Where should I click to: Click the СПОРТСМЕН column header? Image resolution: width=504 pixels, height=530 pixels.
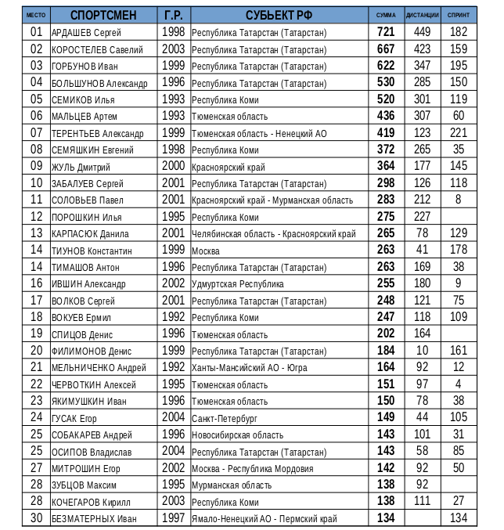coord(103,15)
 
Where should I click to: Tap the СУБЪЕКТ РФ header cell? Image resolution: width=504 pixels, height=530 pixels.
coord(279,15)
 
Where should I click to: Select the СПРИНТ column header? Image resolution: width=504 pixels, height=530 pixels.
coord(459,15)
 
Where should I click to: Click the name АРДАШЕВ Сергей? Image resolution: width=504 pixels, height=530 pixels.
coord(86,33)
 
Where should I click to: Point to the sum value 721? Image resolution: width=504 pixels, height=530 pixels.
coord(386,32)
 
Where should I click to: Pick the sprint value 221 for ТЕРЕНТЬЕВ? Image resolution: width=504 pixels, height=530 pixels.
coord(459,133)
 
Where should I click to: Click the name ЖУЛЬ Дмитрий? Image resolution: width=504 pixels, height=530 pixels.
coord(81,167)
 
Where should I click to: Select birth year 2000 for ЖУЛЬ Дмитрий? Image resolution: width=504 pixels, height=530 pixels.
coord(173,166)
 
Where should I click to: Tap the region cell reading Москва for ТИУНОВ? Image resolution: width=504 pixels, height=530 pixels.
coord(206,251)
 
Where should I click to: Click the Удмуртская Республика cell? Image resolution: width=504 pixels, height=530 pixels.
coord(238,284)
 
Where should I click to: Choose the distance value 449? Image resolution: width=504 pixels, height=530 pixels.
coord(423,32)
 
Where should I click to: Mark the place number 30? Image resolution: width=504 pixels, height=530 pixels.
coord(36,517)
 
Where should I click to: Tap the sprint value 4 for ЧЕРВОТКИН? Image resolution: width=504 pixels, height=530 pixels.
coord(459,384)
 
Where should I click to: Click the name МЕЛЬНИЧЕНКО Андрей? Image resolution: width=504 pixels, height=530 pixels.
coord(99,368)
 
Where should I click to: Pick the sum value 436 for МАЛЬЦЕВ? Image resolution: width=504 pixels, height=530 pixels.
coord(386,116)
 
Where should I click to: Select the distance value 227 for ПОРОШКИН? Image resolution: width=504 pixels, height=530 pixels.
coord(423,217)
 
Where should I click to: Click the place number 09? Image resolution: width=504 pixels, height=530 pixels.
coord(36,166)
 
